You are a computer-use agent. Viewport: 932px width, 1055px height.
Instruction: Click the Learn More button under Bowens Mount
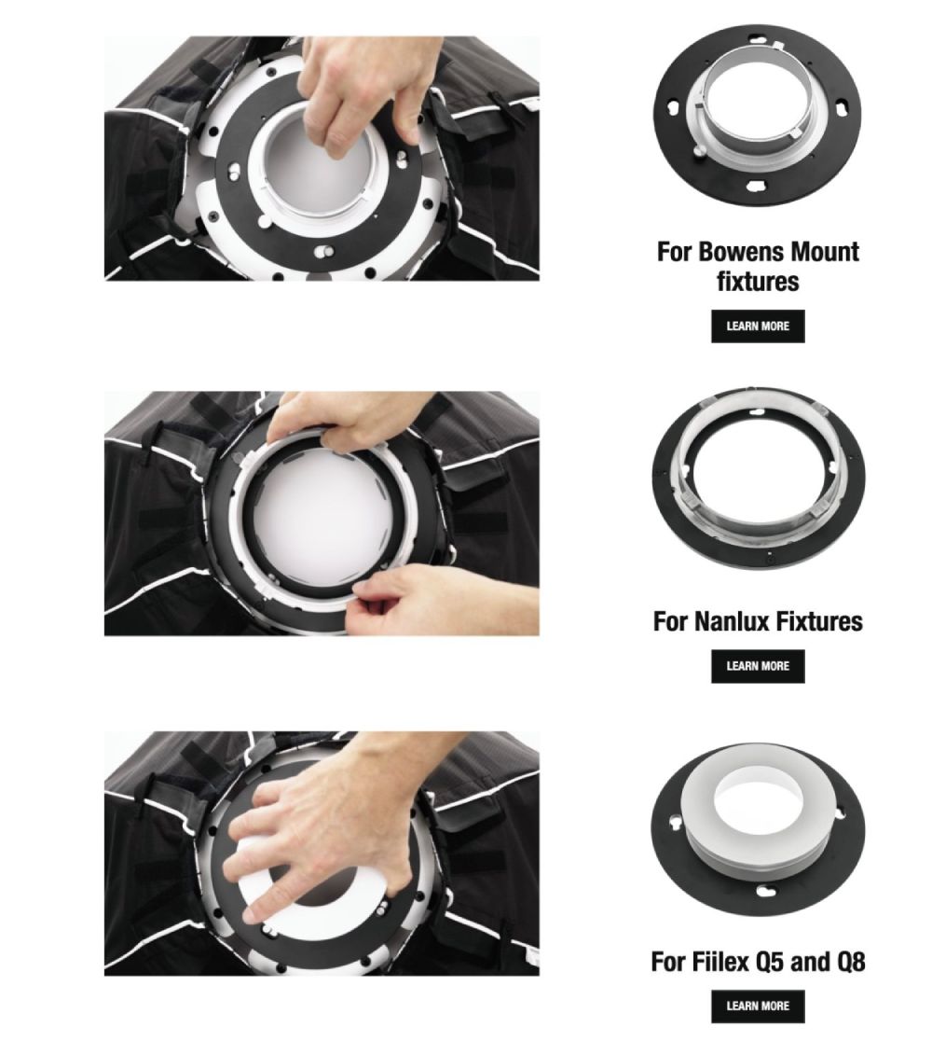click(757, 326)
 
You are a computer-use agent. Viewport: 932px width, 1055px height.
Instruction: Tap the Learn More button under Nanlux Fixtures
click(757, 666)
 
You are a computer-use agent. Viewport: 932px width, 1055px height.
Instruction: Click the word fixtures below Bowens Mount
click(758, 282)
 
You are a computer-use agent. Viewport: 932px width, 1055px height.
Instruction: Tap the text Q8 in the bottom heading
click(850, 962)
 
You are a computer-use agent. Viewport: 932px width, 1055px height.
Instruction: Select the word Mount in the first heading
click(825, 252)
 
